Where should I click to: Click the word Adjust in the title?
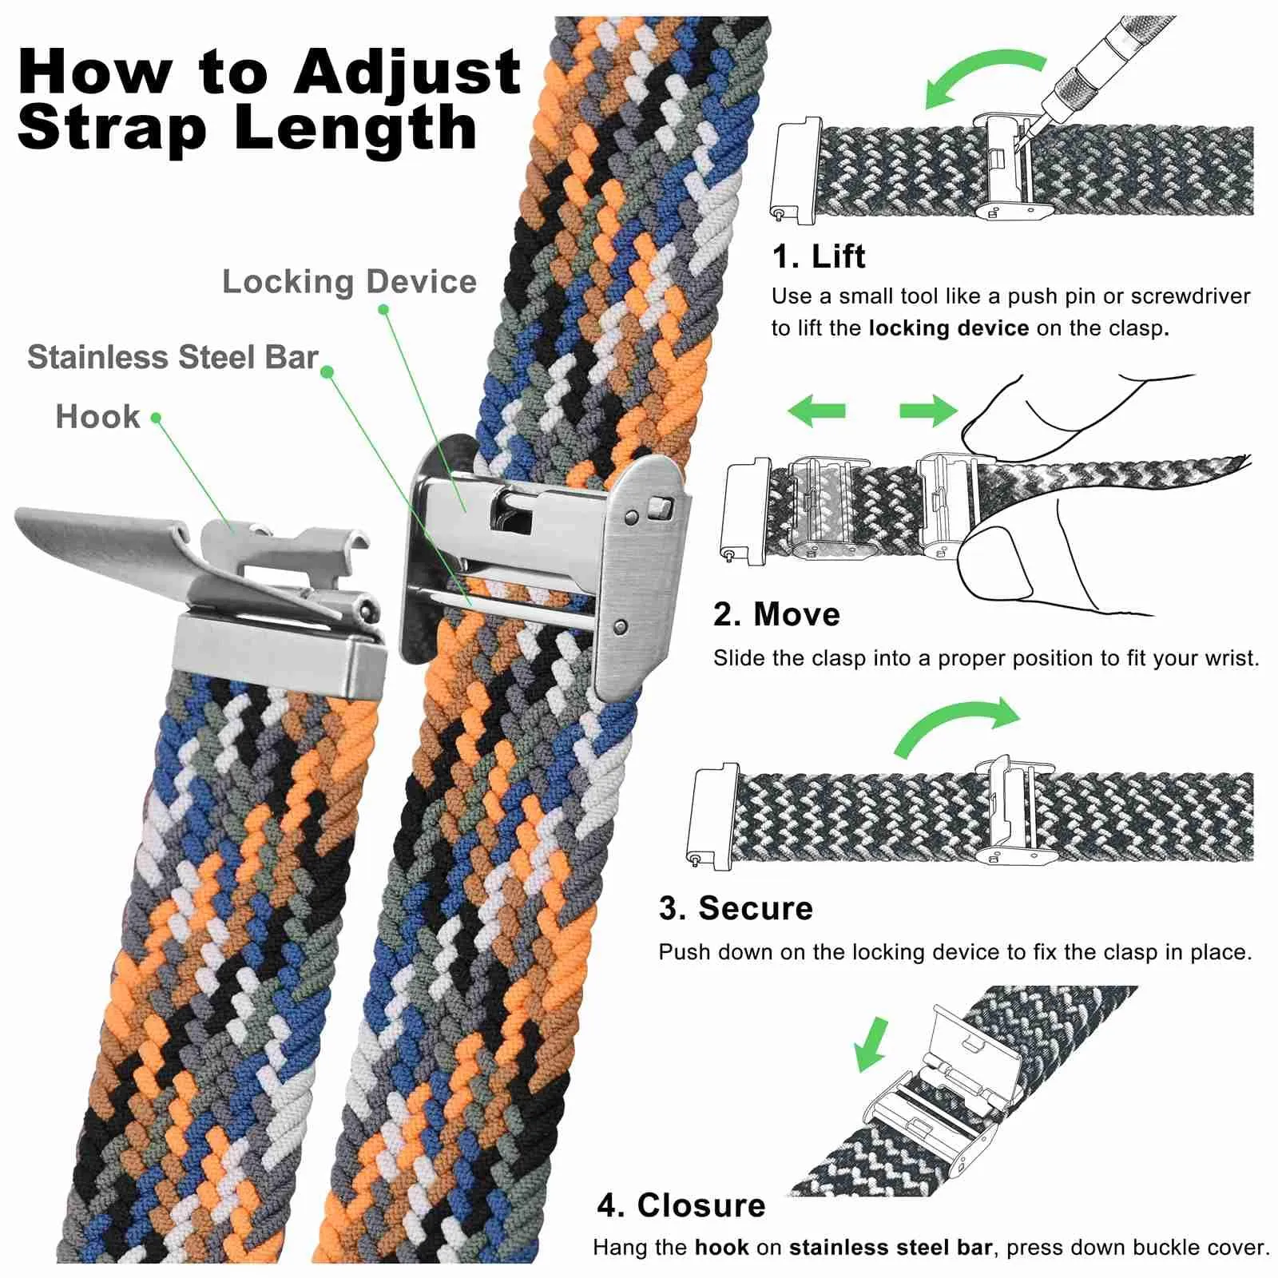(x=407, y=73)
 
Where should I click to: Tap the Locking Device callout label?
(x=349, y=281)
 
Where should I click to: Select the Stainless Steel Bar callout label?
(x=173, y=357)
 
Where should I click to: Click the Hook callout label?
(x=97, y=416)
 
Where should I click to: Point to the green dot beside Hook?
(x=156, y=418)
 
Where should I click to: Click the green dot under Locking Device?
(x=383, y=309)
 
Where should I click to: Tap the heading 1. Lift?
(x=819, y=256)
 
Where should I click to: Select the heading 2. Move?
(x=776, y=614)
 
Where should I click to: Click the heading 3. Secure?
(x=736, y=908)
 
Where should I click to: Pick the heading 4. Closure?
(x=681, y=1205)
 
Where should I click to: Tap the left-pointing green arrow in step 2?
(x=816, y=411)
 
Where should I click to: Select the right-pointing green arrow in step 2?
(x=928, y=411)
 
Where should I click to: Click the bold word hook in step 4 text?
(x=722, y=1248)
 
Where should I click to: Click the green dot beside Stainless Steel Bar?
(x=327, y=371)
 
